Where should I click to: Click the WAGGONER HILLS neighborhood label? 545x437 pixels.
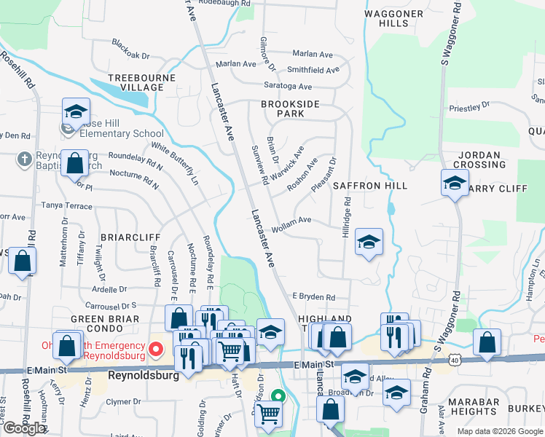tap(393, 18)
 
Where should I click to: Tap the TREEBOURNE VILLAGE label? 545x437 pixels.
tap(136, 82)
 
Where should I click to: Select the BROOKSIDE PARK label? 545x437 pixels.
tap(291, 109)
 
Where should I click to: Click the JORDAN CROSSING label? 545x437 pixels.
tap(480, 160)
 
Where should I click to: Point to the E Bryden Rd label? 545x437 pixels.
tap(313, 297)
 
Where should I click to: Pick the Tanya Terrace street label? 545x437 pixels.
tap(66, 206)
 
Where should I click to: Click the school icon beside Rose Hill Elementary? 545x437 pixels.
tap(76, 112)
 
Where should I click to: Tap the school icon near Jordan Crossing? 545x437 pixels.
tap(455, 183)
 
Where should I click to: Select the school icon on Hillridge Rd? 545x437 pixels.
tap(369, 243)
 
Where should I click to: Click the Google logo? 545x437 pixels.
tap(24, 428)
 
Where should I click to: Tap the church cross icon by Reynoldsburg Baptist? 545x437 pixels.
tap(24, 159)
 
